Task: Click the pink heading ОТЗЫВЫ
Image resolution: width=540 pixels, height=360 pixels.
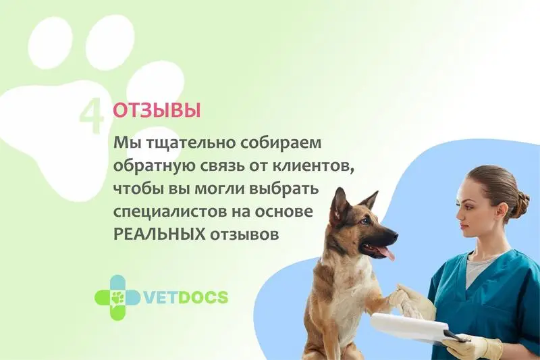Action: (157, 111)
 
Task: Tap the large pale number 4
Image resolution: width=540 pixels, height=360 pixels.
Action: (91, 115)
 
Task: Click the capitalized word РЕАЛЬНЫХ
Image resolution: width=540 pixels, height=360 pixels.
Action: (159, 234)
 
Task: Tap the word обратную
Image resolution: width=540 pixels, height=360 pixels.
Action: (154, 167)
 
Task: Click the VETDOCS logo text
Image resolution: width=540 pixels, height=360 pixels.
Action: (184, 297)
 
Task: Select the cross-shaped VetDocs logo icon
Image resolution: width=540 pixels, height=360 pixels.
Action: (117, 297)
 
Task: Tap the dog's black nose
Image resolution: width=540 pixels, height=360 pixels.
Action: (393, 236)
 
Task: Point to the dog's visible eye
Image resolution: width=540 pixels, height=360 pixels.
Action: (364, 221)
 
